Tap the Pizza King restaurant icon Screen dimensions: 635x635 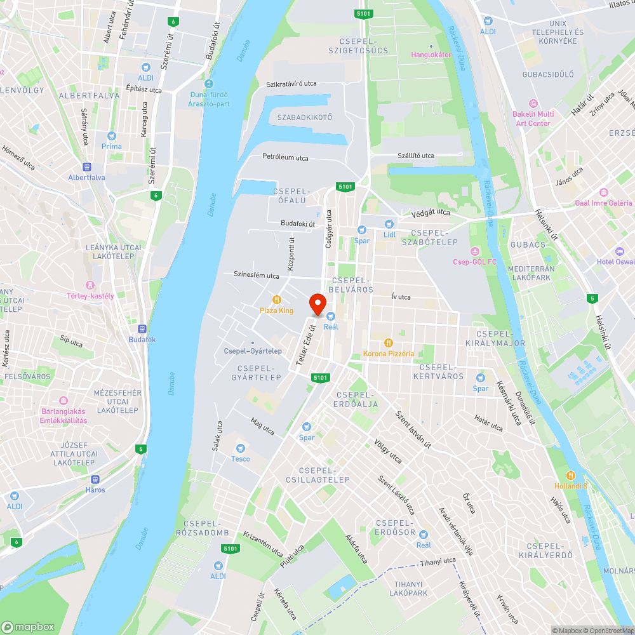277,300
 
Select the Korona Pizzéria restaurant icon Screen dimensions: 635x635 389,343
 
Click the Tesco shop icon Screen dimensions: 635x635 241,448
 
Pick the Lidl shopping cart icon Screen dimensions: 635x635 389,224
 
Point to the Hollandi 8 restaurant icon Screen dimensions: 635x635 570,475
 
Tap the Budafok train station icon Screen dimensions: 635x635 142,329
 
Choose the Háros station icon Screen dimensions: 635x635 95,479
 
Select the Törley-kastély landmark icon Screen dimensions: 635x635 90,285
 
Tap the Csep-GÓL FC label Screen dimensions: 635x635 475,262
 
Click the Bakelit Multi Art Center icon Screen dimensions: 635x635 533,104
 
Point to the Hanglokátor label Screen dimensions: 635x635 431,55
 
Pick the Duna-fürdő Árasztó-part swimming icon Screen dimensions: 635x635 209,84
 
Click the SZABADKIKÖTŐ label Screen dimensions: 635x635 305,117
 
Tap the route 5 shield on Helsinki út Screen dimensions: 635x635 592,298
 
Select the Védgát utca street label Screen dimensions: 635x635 430,213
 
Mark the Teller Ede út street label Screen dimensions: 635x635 305,345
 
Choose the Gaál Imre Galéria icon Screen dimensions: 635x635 603,192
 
